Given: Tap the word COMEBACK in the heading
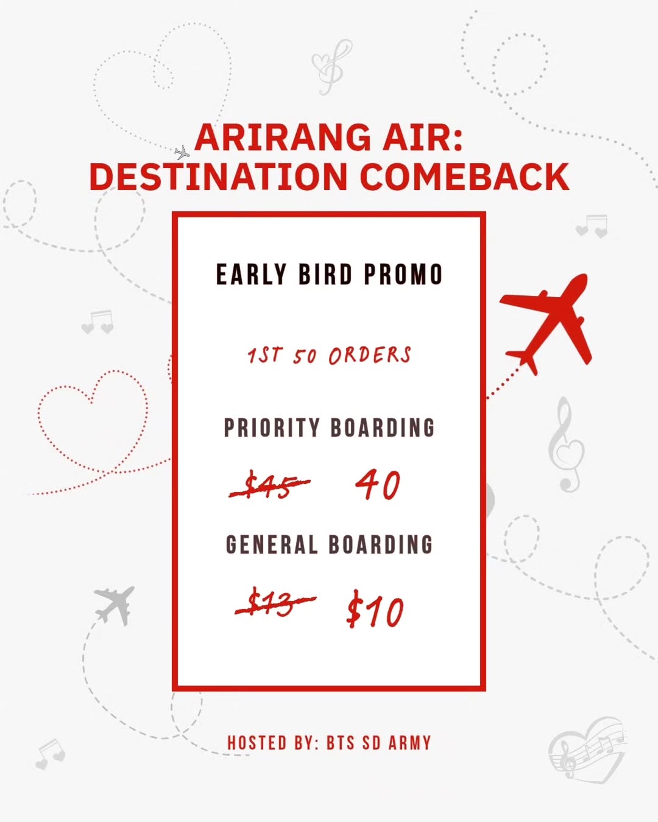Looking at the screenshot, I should tap(464, 177).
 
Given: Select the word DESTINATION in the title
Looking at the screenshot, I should tap(218, 177).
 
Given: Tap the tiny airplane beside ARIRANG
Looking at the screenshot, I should tap(182, 152).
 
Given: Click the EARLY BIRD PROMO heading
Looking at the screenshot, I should tap(329, 275).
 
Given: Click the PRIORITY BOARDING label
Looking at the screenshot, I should tap(329, 428).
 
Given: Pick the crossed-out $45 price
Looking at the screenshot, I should tap(269, 486).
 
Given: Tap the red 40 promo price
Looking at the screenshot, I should tap(378, 485).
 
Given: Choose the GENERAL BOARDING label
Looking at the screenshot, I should tap(329, 544).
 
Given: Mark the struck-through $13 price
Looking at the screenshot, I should tap(274, 603).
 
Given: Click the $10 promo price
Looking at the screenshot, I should tap(375, 611).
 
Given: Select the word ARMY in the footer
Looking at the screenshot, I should tap(409, 743).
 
